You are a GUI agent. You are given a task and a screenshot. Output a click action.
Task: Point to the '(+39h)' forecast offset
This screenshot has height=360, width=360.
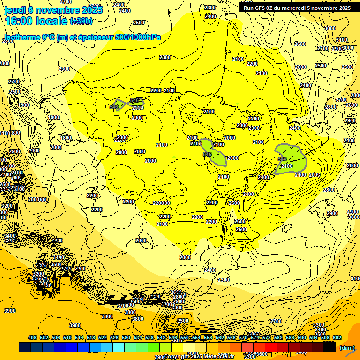[81, 21]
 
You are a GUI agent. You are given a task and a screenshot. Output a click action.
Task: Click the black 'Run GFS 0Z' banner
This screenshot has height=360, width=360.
[297, 8]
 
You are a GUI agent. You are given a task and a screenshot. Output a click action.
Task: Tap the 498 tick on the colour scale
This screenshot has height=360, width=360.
[32, 337]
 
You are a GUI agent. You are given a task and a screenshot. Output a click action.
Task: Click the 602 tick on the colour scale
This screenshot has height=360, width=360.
[337, 337]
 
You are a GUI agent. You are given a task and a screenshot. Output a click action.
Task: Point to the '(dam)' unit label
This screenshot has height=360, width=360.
[347, 347]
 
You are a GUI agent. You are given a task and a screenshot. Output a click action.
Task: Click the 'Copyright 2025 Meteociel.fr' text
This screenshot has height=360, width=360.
[199, 357]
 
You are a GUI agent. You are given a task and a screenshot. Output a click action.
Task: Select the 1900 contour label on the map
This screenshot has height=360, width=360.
[53, 117]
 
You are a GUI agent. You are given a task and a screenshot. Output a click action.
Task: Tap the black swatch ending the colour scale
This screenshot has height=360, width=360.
[330, 347]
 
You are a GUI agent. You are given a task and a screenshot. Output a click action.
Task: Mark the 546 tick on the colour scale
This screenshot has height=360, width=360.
[172, 337]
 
